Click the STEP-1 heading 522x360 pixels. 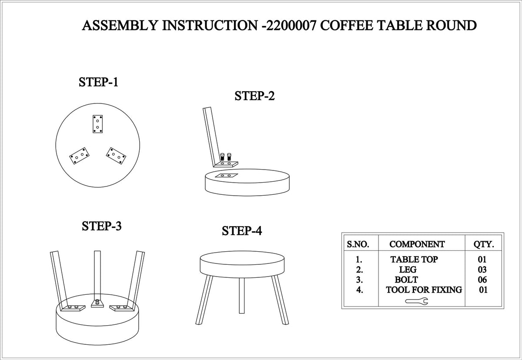98,82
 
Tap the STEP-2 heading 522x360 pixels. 254,96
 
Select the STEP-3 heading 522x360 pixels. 102,226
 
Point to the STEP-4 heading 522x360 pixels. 242,231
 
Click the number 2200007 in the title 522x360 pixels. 291,25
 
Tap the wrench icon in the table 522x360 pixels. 417,301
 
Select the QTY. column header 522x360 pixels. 484,244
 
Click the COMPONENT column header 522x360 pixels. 417,244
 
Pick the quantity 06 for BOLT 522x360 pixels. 482,280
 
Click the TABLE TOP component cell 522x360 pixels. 414,260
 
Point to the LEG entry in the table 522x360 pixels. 408,270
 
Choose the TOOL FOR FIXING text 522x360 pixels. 424,290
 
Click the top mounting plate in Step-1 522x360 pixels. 97,124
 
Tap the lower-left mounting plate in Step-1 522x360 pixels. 80,156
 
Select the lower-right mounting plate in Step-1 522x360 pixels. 116,156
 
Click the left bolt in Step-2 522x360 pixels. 222,157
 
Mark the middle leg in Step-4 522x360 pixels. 242,295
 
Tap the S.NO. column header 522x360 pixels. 358,244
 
